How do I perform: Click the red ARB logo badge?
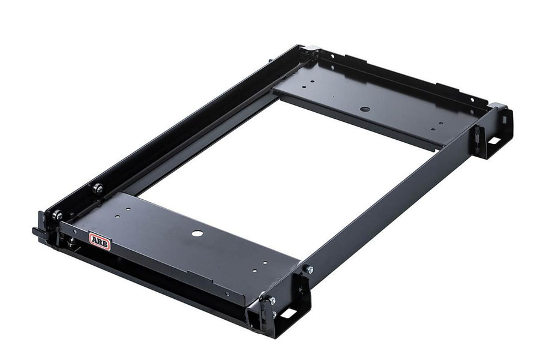click(100, 240)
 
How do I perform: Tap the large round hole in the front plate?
click(197, 233)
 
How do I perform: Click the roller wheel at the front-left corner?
click(58, 215)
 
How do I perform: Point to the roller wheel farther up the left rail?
click(99, 188)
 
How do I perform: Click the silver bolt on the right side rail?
click(309, 269)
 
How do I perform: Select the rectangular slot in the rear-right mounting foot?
click(494, 140)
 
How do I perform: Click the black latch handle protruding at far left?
click(38, 232)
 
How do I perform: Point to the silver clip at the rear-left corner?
click(311, 48)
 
